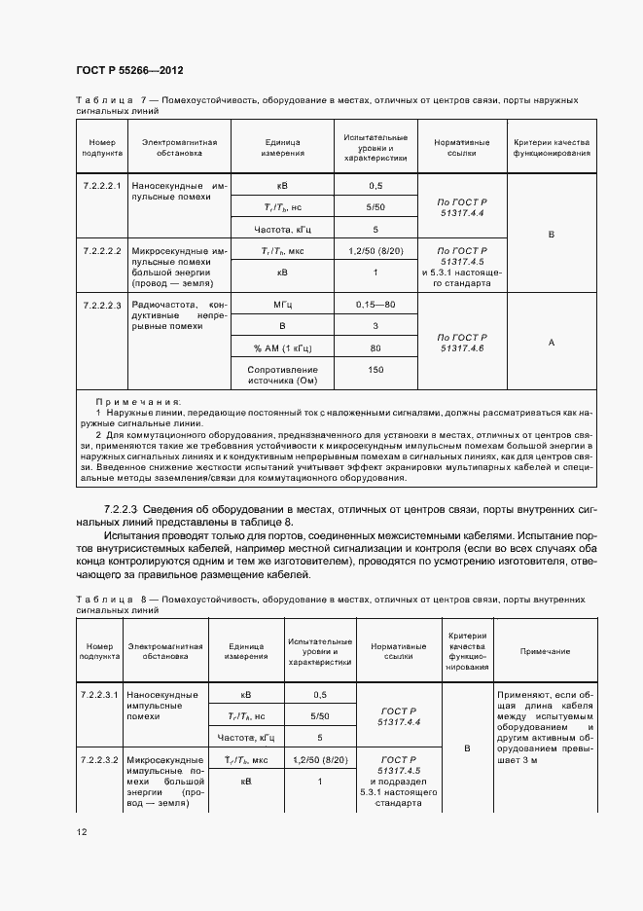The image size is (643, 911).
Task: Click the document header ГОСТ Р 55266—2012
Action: click(x=129, y=71)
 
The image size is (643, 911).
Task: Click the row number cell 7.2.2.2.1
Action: click(x=101, y=185)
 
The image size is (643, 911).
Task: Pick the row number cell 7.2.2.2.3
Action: click(x=101, y=305)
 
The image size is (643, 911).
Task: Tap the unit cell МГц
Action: click(x=283, y=305)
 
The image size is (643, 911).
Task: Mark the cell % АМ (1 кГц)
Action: click(x=283, y=346)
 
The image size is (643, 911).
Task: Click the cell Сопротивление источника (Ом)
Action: click(x=283, y=375)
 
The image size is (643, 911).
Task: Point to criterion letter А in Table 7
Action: click(x=552, y=342)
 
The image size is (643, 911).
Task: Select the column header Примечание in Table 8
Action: click(x=545, y=651)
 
